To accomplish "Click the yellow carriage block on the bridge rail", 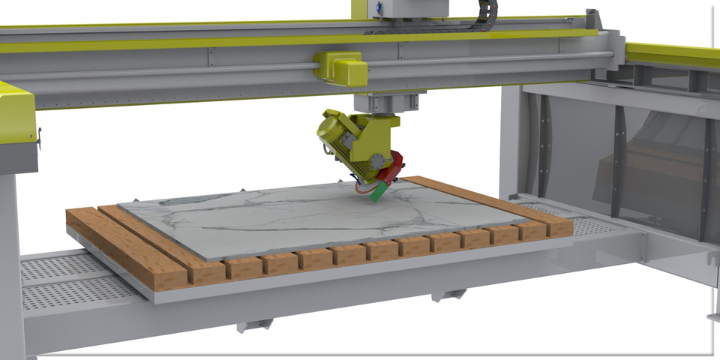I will [x=343, y=67].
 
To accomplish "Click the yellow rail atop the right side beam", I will [x=672, y=54].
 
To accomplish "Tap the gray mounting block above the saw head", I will [x=388, y=102].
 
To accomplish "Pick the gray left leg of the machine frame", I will [x=11, y=262].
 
